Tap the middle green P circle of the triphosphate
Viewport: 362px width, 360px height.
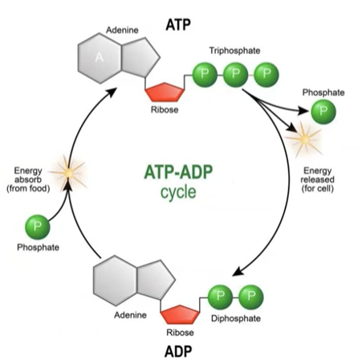235,75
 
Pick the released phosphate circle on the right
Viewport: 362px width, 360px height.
323,111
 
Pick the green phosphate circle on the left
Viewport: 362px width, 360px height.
38,225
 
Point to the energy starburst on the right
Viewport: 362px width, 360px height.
305,141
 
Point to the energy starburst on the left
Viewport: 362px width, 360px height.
68,172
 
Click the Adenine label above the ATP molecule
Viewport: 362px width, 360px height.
123,31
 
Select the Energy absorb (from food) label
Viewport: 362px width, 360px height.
31,178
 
